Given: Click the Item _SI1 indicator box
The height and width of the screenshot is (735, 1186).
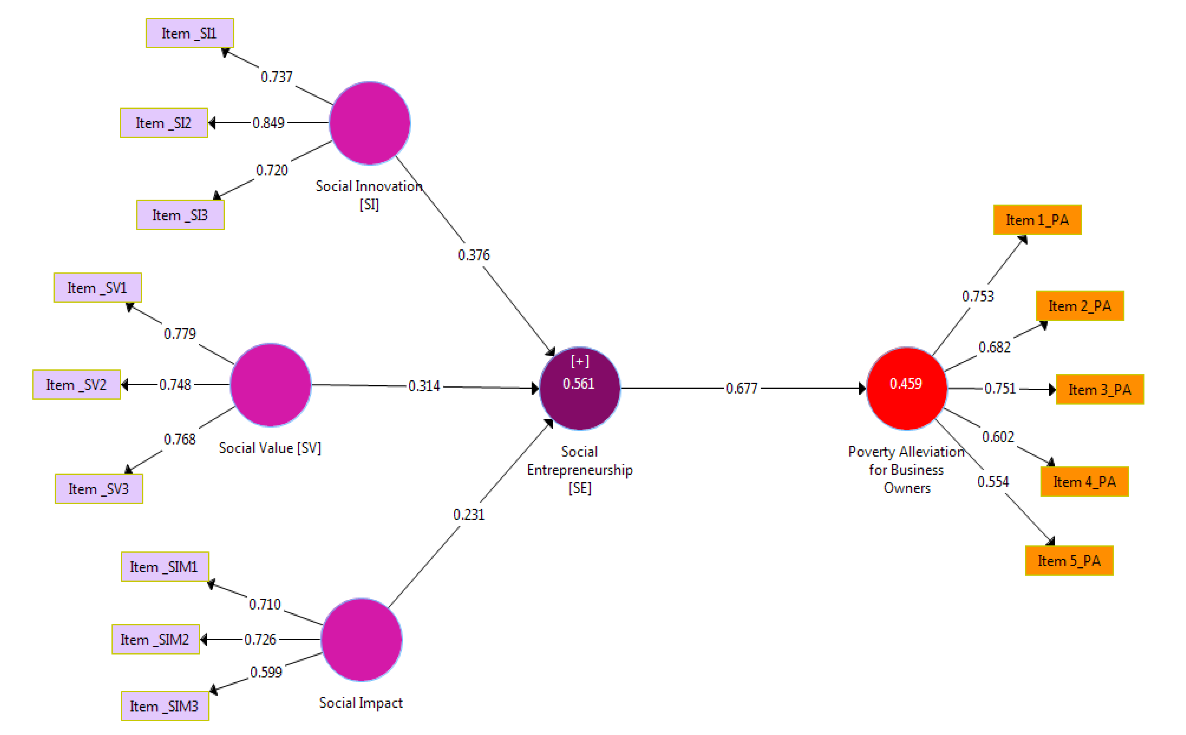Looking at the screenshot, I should coord(190,33).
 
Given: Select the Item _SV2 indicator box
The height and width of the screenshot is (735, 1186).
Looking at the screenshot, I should coord(76,385).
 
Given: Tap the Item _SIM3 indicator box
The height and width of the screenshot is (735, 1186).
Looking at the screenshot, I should coord(165,706).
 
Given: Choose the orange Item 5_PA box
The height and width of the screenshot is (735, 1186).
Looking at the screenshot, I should coord(1069,560).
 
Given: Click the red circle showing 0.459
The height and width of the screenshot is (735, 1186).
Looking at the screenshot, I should coord(906,388).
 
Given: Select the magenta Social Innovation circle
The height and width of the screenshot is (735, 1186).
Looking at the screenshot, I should coord(370,123).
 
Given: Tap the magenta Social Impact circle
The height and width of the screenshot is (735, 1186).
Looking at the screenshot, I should coord(361,639).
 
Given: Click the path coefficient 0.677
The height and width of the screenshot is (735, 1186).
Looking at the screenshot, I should coord(741,388).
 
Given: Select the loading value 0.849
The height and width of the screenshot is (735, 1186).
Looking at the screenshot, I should coord(268,123).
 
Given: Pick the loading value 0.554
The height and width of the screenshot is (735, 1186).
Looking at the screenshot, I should coord(993,482).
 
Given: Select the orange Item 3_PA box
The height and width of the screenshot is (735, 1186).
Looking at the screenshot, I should coord(1099,389).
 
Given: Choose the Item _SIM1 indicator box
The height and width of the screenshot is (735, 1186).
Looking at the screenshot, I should coord(165,566).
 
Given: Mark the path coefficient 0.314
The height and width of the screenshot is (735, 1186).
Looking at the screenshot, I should coord(424,386).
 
